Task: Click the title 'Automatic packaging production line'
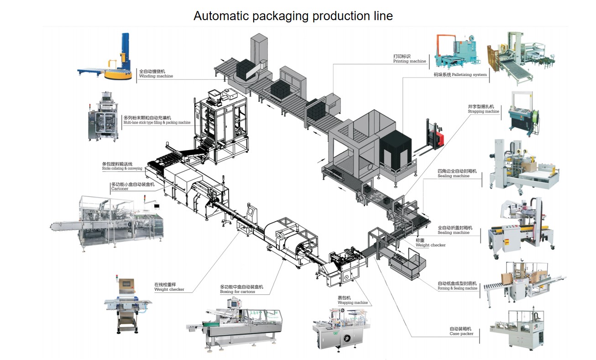click(293, 16)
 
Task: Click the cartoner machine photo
click(110, 224)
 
